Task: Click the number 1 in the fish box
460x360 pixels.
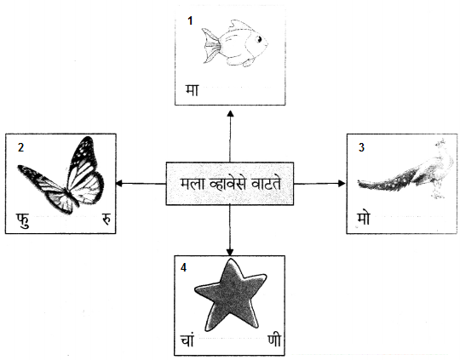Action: (191, 20)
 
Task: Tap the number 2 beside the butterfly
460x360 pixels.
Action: (20, 147)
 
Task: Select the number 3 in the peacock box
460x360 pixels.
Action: (361, 147)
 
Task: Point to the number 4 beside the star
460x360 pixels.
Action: (183, 267)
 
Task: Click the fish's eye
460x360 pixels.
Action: (259, 39)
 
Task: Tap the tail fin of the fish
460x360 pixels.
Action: (211, 46)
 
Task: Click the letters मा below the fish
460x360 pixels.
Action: (192, 90)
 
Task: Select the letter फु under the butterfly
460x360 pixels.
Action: (23, 220)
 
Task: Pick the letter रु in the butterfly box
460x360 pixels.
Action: (106, 220)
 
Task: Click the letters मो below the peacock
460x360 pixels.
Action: (364, 219)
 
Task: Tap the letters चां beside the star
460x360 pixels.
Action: (187, 340)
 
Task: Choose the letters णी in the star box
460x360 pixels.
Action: (274, 340)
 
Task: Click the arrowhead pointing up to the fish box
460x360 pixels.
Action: (231, 114)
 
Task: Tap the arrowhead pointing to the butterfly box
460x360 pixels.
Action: (119, 184)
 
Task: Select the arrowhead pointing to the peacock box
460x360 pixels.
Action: (342, 184)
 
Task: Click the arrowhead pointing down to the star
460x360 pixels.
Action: (230, 252)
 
